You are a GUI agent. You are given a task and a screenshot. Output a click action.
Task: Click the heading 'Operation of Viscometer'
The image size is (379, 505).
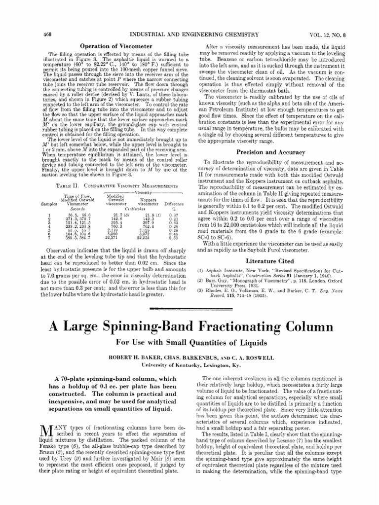(116, 45)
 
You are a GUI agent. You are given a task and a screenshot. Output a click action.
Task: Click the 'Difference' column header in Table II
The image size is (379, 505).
(173, 203)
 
